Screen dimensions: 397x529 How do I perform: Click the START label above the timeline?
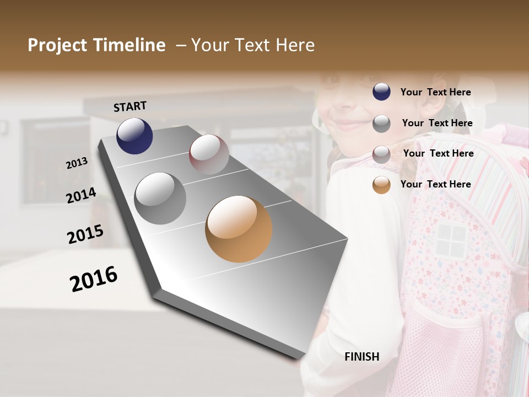[130, 106]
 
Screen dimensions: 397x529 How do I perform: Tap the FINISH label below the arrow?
[361, 357]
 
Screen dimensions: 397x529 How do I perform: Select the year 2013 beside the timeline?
[77, 163]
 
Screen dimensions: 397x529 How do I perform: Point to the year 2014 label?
[81, 195]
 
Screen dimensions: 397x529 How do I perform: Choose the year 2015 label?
[85, 234]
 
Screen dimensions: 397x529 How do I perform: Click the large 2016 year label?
[94, 278]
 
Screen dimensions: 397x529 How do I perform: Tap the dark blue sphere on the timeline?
[134, 136]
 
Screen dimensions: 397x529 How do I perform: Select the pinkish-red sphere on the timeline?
[209, 154]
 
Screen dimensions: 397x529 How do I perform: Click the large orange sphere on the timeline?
[239, 229]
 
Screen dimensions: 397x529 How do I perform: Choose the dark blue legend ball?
[381, 92]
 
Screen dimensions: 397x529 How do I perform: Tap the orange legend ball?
[381, 185]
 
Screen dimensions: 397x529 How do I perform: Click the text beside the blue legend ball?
[435, 92]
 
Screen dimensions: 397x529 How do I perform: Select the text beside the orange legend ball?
[435, 184]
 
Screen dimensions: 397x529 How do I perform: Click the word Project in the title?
[57, 45]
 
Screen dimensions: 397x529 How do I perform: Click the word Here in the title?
[294, 45]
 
